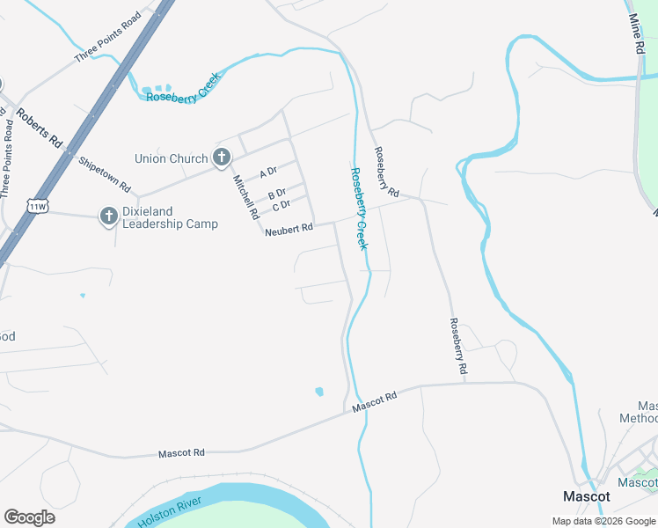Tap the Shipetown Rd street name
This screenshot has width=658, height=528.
(104, 174)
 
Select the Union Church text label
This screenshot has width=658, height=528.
(171, 158)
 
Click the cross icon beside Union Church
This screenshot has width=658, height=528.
(222, 158)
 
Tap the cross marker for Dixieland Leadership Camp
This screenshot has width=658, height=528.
(108, 216)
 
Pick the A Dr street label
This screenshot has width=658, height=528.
(268, 173)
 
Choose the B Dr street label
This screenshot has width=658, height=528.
(276, 193)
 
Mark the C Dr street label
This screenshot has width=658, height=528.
(281, 206)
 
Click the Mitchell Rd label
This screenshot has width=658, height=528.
(245, 196)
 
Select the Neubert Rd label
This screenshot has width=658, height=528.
(289, 229)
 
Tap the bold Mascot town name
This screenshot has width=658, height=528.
(587, 496)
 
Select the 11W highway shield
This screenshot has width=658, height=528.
(37, 206)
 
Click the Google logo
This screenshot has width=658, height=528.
(29, 517)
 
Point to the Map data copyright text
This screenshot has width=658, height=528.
(603, 521)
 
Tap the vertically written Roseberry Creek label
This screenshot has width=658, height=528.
(358, 209)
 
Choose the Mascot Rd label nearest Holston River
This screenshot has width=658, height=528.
(181, 453)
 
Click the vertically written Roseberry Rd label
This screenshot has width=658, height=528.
(457, 348)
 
